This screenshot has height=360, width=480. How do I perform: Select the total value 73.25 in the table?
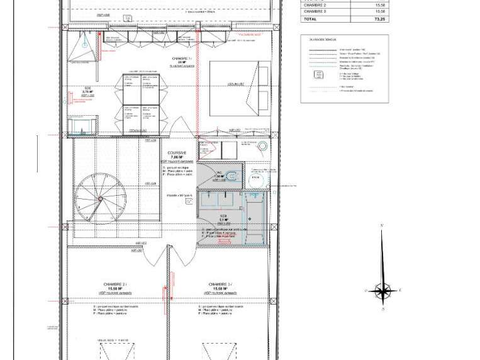click(379, 20)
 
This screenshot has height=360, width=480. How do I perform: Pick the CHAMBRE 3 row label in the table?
click(315, 11)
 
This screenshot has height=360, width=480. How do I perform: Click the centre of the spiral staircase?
click(98, 198)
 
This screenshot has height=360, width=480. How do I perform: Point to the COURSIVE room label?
click(177, 153)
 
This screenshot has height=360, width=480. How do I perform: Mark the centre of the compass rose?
click(382, 291)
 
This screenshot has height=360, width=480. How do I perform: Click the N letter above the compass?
click(382, 225)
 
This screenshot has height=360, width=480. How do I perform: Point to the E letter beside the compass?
click(400, 291)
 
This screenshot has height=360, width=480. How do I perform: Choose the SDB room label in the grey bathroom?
click(223, 216)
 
